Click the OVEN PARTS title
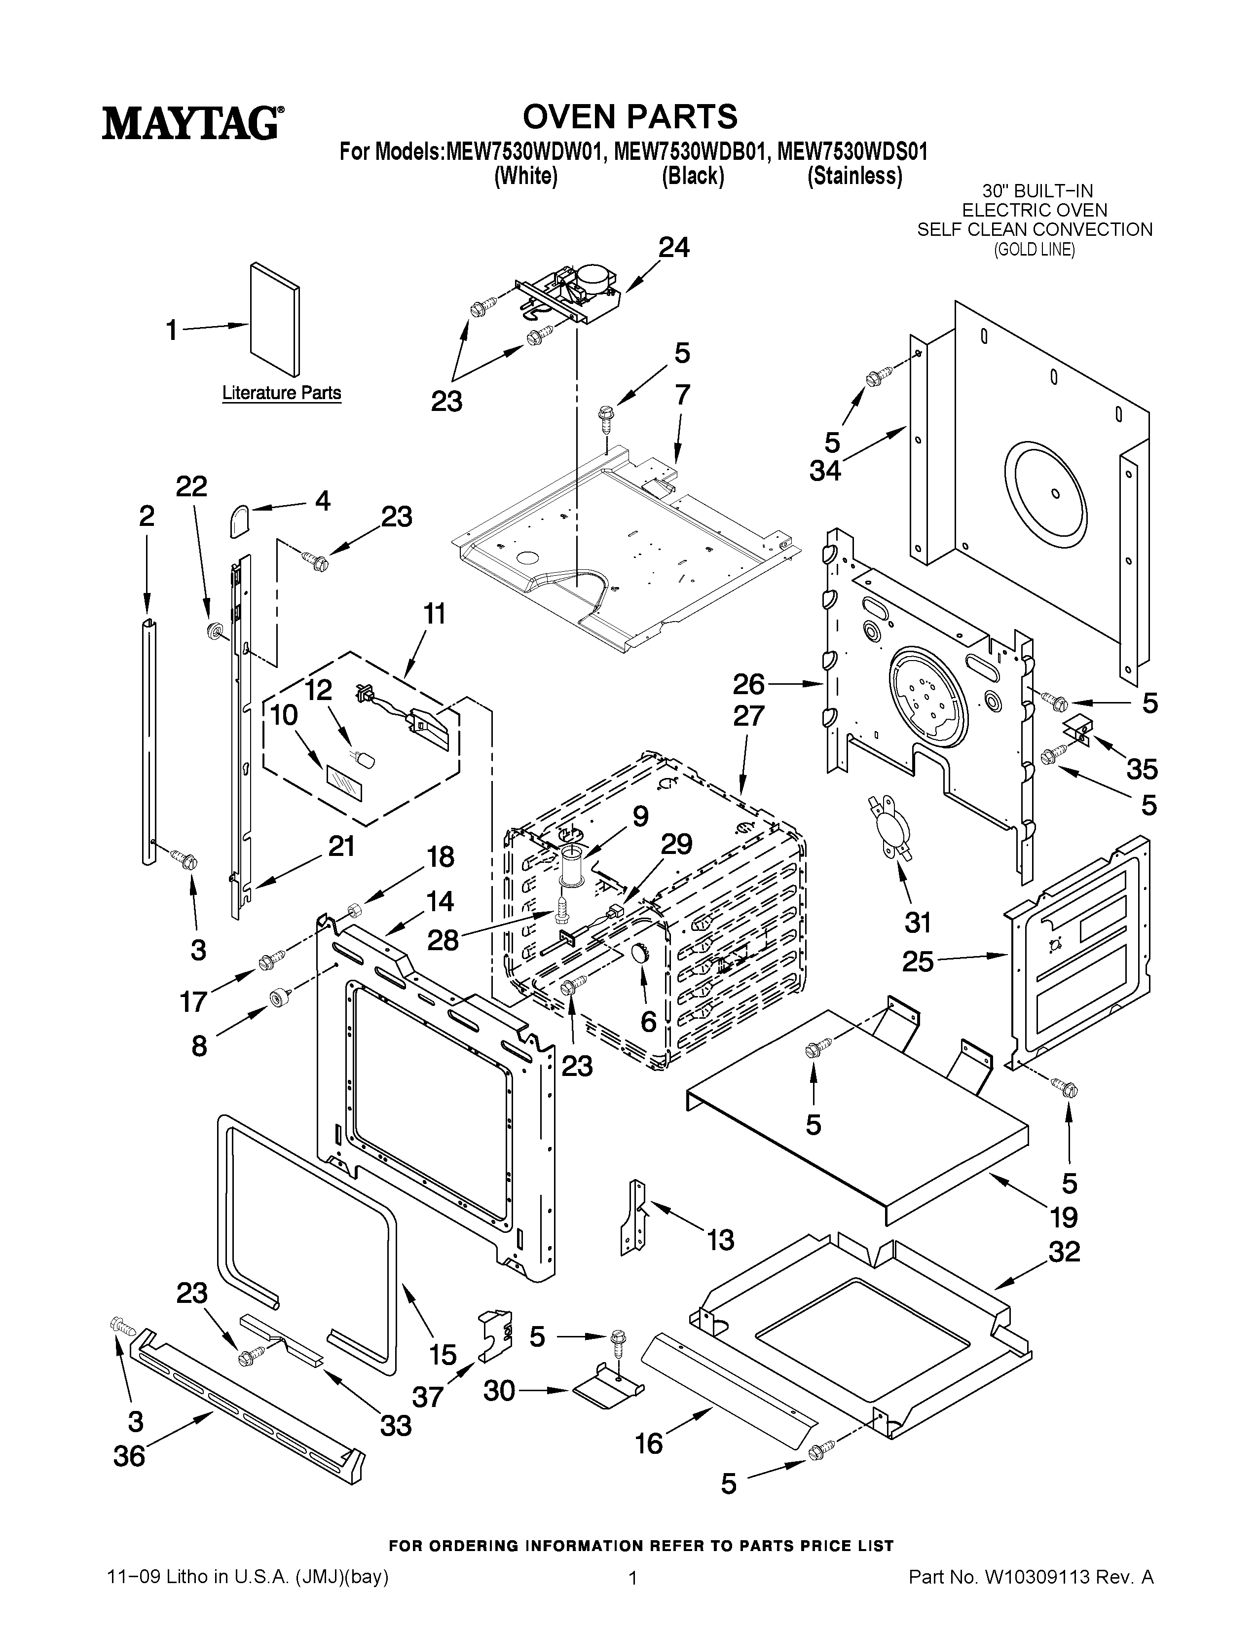coord(630,116)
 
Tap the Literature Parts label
coord(282,393)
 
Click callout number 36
coord(129,1477)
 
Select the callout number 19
coord(1064,1217)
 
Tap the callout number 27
coord(748,716)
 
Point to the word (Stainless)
coord(855,176)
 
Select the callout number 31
coord(918,923)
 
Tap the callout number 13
coord(720,1240)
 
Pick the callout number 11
coord(435,614)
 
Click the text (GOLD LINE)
coord(1035,251)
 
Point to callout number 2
coord(147,516)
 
